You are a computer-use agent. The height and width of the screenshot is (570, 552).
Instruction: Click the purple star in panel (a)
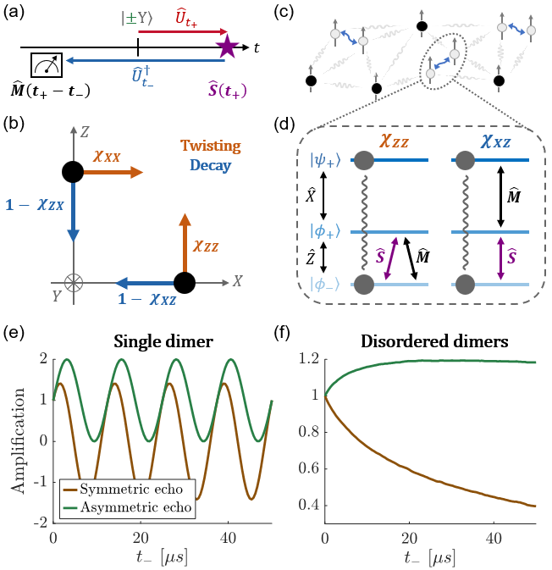point(227,47)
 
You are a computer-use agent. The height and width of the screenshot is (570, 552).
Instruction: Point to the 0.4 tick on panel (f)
point(311,505)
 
